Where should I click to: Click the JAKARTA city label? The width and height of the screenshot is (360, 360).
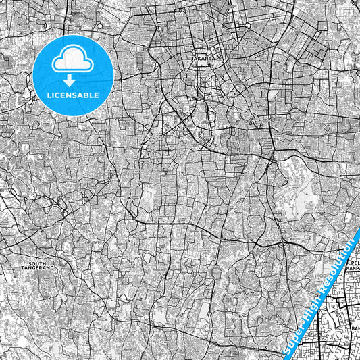[204, 59]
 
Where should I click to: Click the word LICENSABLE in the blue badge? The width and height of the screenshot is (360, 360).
[73, 95]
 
